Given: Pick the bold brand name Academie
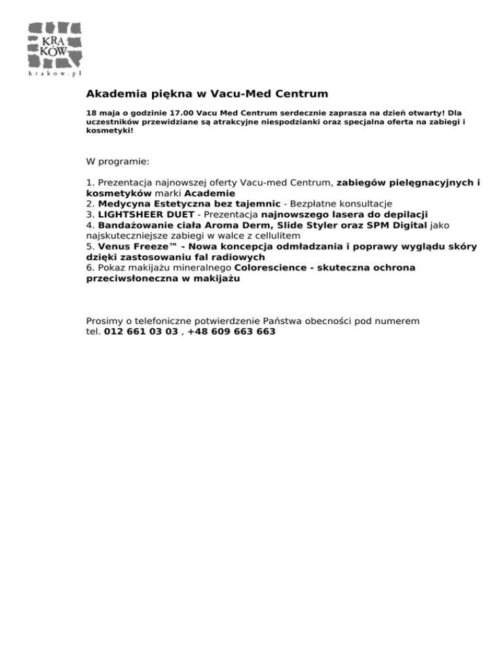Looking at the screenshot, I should tap(210, 194).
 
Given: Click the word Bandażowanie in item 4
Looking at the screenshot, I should tap(136, 225).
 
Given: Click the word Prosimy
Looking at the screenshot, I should tap(105, 321).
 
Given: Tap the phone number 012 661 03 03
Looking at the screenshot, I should tap(141, 331).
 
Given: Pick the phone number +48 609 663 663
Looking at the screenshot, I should tap(231, 331).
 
